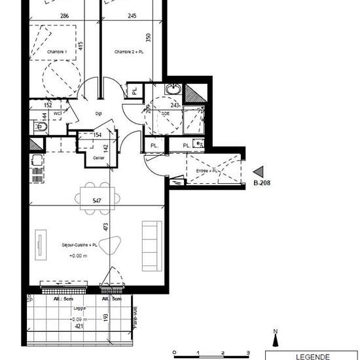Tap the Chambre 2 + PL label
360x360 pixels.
coord(128,52)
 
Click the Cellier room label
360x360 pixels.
coord(99,158)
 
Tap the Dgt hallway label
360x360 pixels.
coord(99,113)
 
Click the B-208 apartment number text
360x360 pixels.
coord(262,183)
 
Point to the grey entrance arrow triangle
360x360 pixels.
coord(259,171)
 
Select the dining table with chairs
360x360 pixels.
coord(98,196)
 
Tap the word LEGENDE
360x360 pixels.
coord(314,356)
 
